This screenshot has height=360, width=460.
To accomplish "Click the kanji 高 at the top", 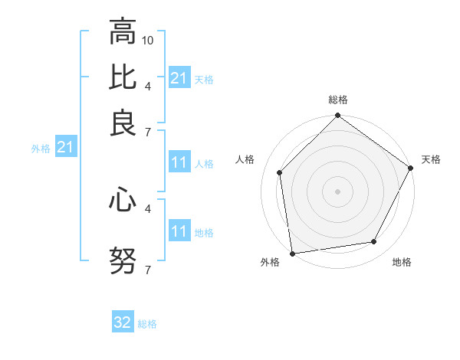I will click(123, 32).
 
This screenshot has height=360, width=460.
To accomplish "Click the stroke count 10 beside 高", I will click(148, 39).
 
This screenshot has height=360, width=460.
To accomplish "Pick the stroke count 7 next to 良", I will click(148, 133).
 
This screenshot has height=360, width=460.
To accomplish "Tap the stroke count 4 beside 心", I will click(148, 208).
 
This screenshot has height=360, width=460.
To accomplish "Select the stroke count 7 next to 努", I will click(148, 270).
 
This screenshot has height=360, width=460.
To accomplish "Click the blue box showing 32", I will click(123, 322).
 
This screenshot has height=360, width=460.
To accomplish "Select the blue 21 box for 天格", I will click(179, 77).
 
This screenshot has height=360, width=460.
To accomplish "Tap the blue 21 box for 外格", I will click(64, 147).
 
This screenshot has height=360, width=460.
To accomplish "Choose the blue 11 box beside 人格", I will click(179, 162).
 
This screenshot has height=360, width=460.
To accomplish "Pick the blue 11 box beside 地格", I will click(179, 231).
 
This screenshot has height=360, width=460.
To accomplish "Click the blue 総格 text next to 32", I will click(147, 324).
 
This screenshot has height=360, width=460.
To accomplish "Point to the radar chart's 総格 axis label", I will click(337, 100).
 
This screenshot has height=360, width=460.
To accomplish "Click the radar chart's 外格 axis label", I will click(270, 263).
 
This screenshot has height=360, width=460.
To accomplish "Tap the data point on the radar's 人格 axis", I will click(280, 172).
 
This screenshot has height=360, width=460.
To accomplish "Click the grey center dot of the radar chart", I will click(337, 191).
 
